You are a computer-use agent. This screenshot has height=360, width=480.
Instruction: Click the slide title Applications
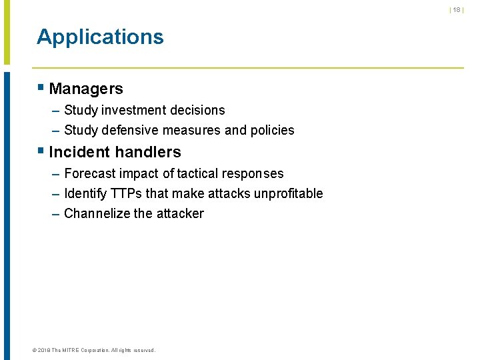point(100,37)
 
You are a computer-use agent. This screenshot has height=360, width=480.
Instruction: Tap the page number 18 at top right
point(457,10)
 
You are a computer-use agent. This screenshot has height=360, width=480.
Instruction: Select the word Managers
point(86,89)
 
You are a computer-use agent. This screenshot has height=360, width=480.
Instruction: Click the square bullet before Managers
point(41,87)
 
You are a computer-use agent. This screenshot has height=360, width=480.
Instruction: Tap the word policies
point(271,131)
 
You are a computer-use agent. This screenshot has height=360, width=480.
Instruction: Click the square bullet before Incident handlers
point(41,151)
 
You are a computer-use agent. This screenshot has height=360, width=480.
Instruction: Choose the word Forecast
point(90,174)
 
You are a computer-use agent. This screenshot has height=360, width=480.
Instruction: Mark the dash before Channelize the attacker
point(55,214)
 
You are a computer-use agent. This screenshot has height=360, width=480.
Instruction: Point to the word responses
point(253,174)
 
